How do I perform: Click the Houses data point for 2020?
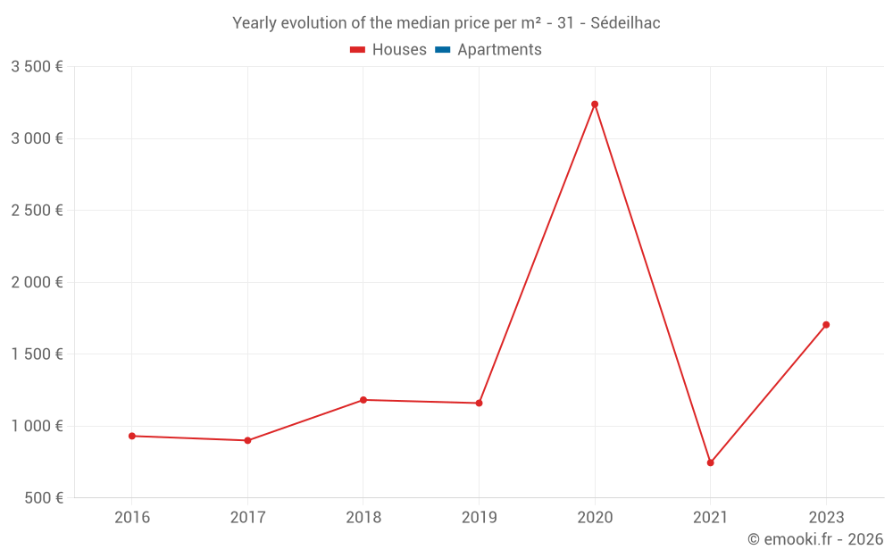coord(595,104)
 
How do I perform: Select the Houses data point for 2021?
coord(711,462)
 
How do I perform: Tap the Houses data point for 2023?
coord(826,325)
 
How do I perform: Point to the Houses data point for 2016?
coord(132,436)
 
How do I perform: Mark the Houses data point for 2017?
coord(247,440)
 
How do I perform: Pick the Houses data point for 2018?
coord(363,400)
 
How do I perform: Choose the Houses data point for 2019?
coord(479,403)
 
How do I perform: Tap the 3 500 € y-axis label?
coord(37,67)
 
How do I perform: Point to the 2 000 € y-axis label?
coord(37,282)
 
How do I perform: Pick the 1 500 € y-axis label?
coord(37,354)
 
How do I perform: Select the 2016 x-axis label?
coord(132,517)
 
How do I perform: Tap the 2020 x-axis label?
coord(595,517)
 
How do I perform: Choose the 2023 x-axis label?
coord(826,517)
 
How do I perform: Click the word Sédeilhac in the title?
coord(625,23)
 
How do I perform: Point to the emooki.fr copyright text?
coord(815,539)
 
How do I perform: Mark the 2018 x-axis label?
coord(363,517)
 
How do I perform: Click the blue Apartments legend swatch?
coord(442,50)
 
